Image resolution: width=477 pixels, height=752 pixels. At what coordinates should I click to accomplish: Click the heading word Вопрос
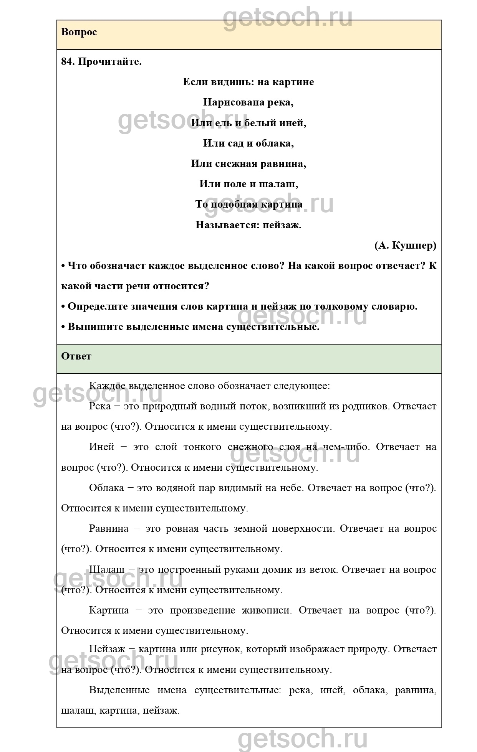[79, 32]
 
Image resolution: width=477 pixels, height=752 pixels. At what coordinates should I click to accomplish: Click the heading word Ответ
[76, 356]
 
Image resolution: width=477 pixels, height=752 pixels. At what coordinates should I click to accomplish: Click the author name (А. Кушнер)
[405, 246]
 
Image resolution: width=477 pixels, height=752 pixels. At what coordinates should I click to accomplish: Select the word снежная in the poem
[232, 164]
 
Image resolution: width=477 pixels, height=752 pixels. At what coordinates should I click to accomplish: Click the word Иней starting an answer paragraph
[102, 447]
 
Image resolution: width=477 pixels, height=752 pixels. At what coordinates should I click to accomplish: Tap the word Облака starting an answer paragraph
[106, 488]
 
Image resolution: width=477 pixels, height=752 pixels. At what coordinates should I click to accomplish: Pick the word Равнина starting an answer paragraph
[109, 529]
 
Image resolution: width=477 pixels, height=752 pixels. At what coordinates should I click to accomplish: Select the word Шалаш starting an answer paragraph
[106, 570]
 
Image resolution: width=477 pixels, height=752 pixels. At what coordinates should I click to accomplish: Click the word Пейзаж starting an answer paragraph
[107, 649]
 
